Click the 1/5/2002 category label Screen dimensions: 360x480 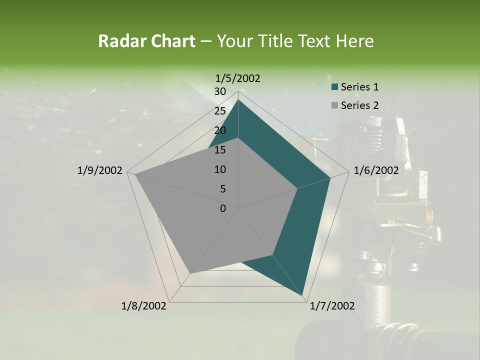238,78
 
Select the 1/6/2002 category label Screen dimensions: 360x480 376,170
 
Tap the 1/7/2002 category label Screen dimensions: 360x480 332,306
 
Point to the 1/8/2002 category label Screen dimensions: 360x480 144,306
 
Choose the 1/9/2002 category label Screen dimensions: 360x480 100,170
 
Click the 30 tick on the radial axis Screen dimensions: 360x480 220,91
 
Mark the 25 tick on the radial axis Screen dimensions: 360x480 220,111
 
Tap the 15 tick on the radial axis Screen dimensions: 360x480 220,150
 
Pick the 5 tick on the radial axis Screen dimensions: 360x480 222,189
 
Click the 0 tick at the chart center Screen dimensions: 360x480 223,208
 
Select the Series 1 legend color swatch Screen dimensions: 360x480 335,87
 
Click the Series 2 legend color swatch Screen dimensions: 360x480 335,105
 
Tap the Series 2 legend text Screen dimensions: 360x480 359,105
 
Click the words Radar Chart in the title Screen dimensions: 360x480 146,41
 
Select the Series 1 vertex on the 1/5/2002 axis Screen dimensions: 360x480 238,99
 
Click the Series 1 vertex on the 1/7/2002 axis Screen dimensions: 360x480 303,296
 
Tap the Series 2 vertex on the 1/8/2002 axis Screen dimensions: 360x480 190,273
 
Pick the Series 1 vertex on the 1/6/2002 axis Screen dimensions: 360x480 330,177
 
